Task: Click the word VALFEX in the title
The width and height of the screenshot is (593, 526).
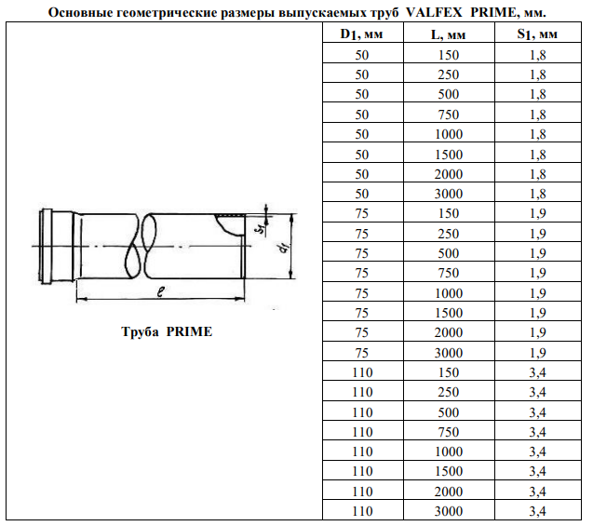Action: (x=434, y=12)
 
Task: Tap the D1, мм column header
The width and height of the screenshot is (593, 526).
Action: (x=361, y=34)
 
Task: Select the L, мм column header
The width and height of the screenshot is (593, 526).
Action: (x=448, y=34)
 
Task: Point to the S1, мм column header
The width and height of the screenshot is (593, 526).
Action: (x=537, y=34)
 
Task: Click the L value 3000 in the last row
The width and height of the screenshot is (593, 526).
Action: (x=448, y=511)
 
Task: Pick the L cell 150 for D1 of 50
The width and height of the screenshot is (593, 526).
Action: (x=448, y=55)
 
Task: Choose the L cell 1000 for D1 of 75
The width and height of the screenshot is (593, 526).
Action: (x=448, y=293)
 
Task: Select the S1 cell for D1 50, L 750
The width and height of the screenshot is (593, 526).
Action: (x=537, y=115)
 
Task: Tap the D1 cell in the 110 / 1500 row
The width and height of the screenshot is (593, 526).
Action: (x=362, y=471)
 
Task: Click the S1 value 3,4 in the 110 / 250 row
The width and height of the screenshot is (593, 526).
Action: (x=537, y=392)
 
